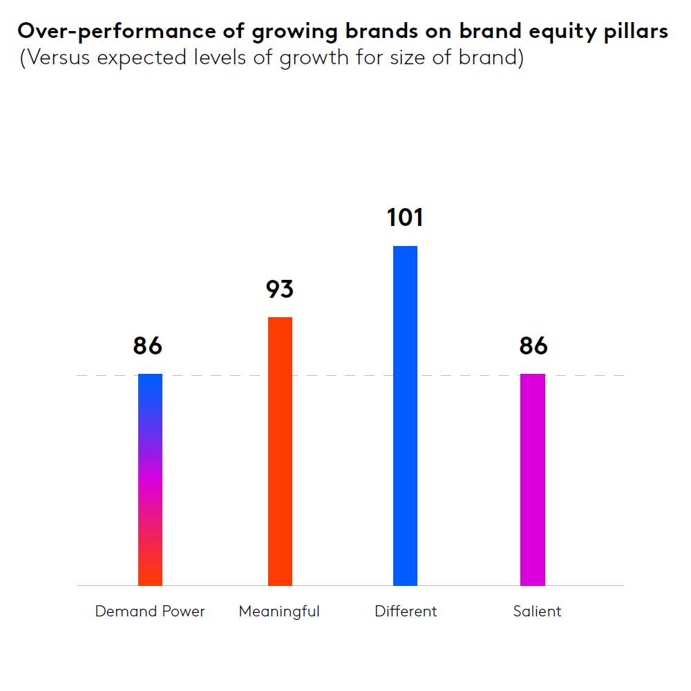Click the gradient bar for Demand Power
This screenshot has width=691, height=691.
click(150, 480)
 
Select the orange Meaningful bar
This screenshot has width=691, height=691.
click(280, 451)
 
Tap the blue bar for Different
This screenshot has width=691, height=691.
click(405, 415)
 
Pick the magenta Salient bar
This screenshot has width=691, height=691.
click(532, 480)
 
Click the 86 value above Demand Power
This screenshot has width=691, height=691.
click(147, 345)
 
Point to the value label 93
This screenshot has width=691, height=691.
click(280, 289)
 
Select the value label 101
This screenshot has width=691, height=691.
click(405, 218)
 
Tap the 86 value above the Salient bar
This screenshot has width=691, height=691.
click(533, 345)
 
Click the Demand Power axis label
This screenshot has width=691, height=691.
click(150, 612)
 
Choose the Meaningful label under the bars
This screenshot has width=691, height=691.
click(279, 612)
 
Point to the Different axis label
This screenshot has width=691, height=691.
click(406, 612)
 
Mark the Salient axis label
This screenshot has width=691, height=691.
click(537, 612)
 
